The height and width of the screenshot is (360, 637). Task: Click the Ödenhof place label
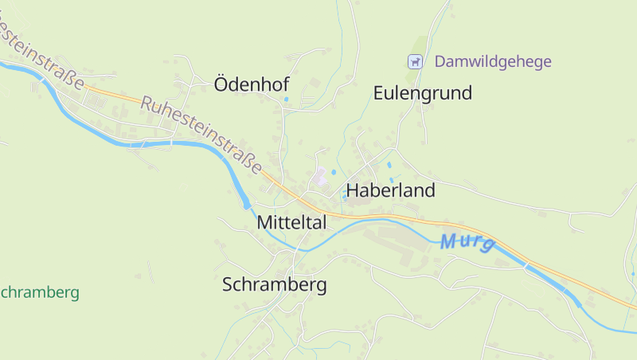click(251, 84)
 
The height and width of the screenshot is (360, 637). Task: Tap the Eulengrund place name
click(422, 93)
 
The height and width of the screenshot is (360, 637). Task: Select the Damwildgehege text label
click(493, 61)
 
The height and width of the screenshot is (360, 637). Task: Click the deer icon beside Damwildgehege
click(414, 61)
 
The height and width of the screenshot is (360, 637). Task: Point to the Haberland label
click(390, 191)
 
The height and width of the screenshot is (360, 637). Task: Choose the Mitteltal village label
click(291, 224)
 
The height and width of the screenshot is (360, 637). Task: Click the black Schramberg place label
click(274, 285)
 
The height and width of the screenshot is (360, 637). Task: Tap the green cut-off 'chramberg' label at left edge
click(40, 292)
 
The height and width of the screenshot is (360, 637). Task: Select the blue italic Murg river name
click(467, 242)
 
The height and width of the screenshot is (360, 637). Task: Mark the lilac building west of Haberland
click(319, 178)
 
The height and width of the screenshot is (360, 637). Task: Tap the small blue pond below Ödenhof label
click(286, 100)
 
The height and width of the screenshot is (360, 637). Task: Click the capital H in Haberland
click(352, 191)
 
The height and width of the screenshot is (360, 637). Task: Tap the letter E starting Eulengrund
click(379, 93)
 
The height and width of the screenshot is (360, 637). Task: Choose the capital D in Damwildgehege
click(440, 61)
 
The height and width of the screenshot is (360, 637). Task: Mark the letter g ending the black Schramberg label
click(321, 287)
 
